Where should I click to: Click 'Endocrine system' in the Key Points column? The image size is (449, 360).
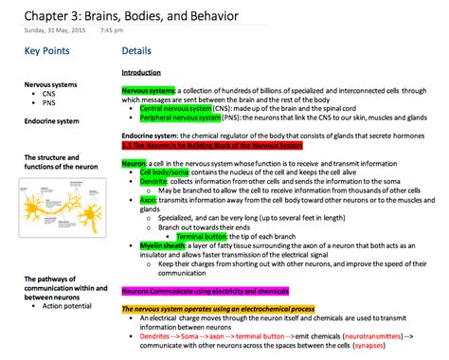click(x=51, y=120)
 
